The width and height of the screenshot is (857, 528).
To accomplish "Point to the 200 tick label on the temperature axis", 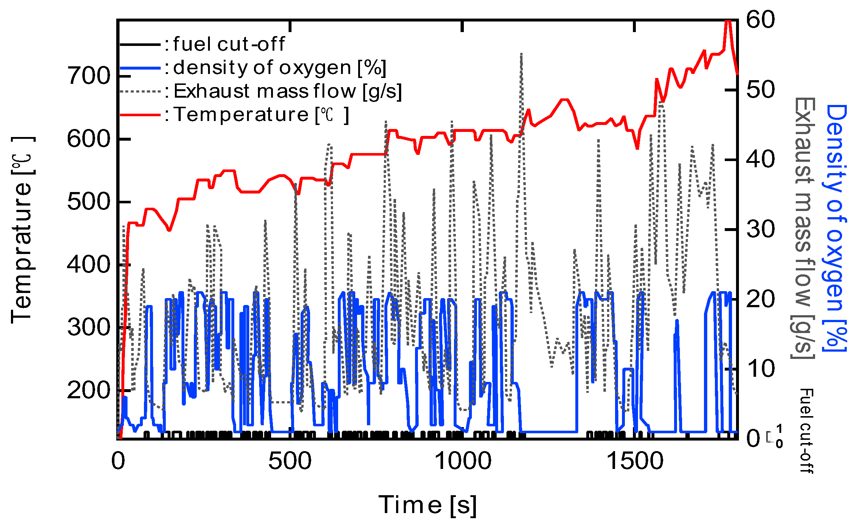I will click(89, 390).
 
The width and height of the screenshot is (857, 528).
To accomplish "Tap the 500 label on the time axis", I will click(290, 461).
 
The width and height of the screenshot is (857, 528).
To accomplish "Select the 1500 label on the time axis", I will click(634, 461).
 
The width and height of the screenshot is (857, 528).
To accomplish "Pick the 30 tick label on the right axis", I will click(760, 229).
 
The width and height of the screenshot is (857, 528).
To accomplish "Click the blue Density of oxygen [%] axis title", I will click(835, 228).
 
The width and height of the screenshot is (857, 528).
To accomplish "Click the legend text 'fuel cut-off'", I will click(229, 44).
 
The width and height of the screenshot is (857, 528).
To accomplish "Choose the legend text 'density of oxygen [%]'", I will click(279, 68).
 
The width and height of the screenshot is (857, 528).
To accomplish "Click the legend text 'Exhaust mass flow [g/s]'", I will click(287, 91).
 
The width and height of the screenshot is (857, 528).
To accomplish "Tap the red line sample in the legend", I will click(140, 115).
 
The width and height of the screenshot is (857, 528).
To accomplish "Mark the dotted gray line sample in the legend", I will click(140, 91).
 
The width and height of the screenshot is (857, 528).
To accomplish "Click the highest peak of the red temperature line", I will click(728, 22).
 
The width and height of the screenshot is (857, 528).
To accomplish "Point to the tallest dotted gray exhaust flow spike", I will click(521, 55).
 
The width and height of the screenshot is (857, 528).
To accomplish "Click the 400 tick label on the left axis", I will click(89, 265).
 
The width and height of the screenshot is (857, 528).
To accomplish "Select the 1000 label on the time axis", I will click(462, 461).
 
